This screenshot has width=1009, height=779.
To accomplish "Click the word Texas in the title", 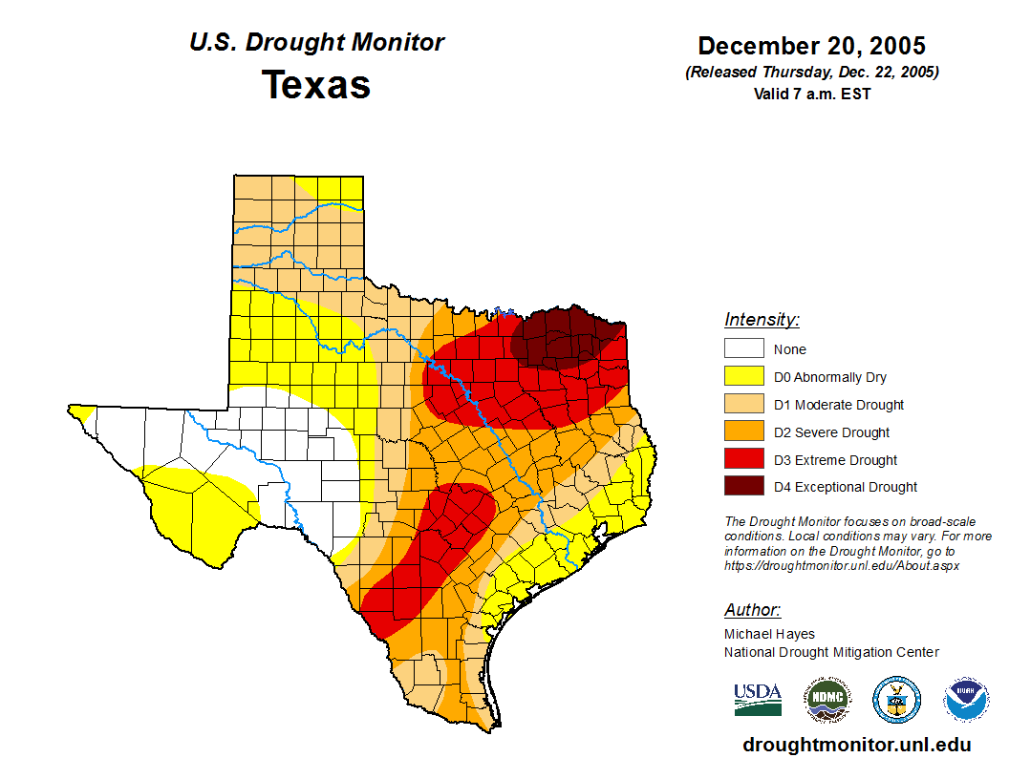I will point(316,84).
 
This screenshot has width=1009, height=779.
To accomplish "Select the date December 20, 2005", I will point(811,46).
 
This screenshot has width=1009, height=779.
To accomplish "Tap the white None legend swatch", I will point(743,349).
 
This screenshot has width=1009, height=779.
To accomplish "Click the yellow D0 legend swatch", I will point(743,377).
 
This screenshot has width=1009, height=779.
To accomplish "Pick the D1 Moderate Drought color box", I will point(743,405).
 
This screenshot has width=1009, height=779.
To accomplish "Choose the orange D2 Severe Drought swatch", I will point(743,432).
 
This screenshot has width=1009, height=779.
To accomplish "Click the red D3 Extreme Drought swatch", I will point(743,460).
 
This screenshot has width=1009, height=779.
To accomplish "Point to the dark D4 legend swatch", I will point(743,487).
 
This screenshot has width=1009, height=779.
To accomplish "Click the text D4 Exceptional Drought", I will point(846,487).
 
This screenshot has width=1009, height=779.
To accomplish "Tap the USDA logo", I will point(758,700).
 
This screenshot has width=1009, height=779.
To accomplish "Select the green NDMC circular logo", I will point(827,700).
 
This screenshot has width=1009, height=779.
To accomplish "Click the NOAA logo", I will point(967,700).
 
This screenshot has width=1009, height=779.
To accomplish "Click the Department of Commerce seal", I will point(896,700).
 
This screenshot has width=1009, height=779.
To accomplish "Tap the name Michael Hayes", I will point(769,634).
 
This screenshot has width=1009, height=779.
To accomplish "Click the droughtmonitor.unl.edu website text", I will point(856,746).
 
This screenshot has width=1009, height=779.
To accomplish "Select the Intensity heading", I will point(762,320).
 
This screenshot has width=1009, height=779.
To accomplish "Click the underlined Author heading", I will point(752,610).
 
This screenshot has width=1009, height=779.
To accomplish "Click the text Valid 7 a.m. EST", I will point(811,94).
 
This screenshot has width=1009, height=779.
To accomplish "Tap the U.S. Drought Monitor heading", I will point(316,42).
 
